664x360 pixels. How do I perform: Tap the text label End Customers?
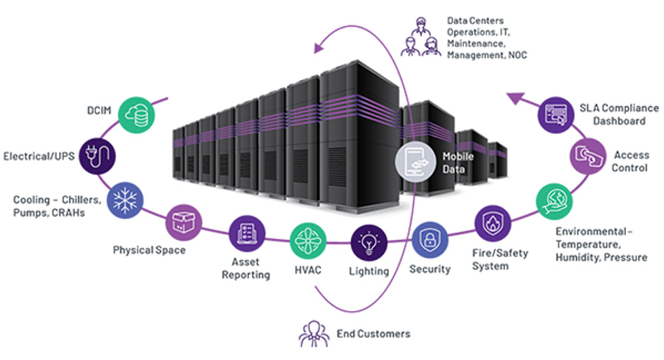pyautogui.click(x=373, y=333)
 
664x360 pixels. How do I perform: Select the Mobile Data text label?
pyautogui.click(x=458, y=163)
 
